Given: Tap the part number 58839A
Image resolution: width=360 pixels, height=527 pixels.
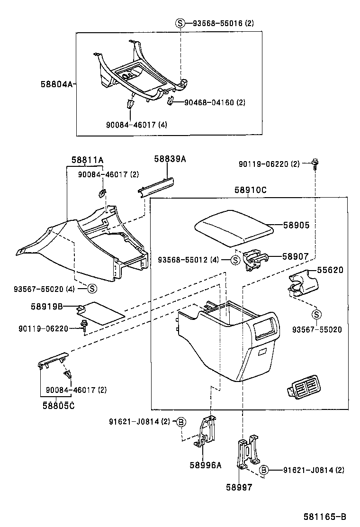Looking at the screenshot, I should [x=170, y=159].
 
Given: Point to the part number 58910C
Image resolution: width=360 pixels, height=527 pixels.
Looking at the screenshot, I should [x=250, y=190].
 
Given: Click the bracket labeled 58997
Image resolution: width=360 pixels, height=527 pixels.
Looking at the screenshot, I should [x=247, y=454].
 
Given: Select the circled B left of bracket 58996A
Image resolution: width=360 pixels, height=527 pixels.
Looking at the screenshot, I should [x=181, y=421].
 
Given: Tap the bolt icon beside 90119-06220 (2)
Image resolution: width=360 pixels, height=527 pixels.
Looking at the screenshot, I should [x=315, y=164].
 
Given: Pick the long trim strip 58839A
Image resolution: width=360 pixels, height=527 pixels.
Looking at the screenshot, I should [x=156, y=186].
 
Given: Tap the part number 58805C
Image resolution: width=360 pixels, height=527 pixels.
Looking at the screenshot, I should [x=58, y=405].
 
